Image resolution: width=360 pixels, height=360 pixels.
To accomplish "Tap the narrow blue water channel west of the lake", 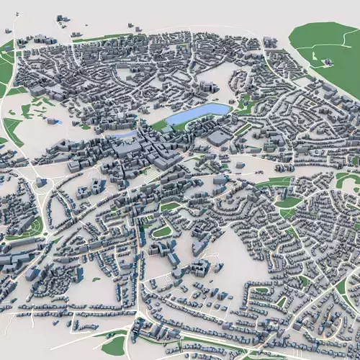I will [x=122, y=133].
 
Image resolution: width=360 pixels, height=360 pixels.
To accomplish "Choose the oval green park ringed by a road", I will [x=163, y=231].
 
